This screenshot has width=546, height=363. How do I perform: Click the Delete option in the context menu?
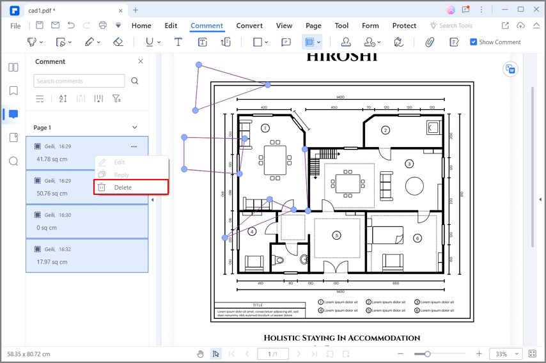coord(123,187)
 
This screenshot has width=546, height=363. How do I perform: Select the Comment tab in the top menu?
coord(207,26)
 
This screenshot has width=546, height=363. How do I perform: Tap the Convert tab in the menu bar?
coord(249,26)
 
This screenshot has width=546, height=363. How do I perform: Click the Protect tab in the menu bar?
coord(404,26)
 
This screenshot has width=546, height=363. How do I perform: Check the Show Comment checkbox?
coord(473,42)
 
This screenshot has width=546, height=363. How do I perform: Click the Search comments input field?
coord(79,81)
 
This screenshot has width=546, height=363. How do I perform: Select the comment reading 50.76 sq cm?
coord(52,193)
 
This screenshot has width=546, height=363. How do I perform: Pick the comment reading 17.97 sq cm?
coord(52,261)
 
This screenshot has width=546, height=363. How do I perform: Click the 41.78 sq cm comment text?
coord(52,159)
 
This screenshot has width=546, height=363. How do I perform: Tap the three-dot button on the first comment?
coord(134,146)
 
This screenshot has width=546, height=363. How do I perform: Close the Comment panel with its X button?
coord(141,61)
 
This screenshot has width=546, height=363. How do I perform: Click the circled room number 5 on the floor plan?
coord(336,236)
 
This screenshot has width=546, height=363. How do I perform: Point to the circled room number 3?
coord(409,164)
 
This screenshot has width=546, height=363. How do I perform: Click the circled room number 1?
coord(265,128)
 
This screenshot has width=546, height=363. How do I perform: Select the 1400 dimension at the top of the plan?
coord(339,97)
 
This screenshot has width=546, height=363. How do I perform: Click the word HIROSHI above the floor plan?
coord(341,56)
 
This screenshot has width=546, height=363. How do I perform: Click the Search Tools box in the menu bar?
coord(456,26)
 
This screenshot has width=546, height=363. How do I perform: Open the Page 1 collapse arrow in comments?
coord(134,127)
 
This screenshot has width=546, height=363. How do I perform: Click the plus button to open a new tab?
coord(136,10)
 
